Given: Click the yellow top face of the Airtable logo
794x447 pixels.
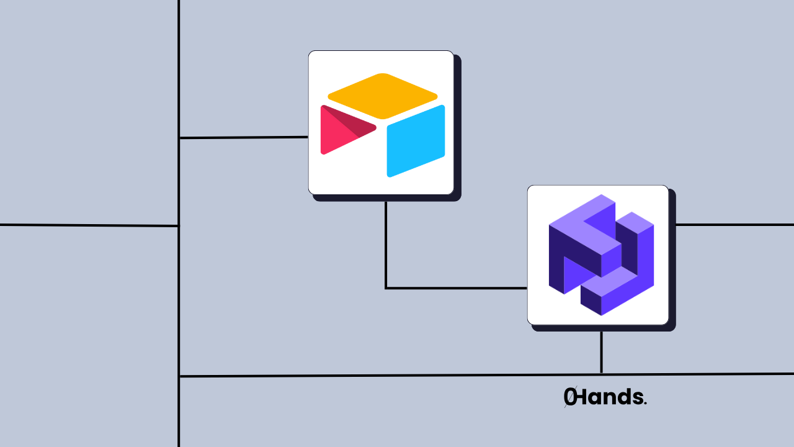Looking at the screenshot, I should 383,96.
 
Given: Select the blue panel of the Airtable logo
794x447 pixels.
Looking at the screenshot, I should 416,141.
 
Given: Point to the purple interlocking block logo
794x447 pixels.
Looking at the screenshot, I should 600,255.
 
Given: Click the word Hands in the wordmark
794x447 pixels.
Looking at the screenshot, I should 611,397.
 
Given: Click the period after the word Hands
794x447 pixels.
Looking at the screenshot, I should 645,403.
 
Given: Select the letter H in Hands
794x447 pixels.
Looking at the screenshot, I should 584,397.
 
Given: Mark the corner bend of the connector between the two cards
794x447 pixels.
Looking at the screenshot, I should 386,288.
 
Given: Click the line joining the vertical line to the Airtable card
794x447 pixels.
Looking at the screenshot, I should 243,137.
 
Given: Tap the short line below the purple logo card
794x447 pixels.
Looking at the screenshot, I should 601,352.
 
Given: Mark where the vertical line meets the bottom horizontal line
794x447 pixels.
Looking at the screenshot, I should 179,376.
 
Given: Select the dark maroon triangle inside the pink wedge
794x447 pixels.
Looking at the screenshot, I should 357,125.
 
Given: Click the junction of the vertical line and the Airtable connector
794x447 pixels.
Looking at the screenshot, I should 179,138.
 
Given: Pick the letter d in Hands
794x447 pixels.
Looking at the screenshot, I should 624,397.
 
